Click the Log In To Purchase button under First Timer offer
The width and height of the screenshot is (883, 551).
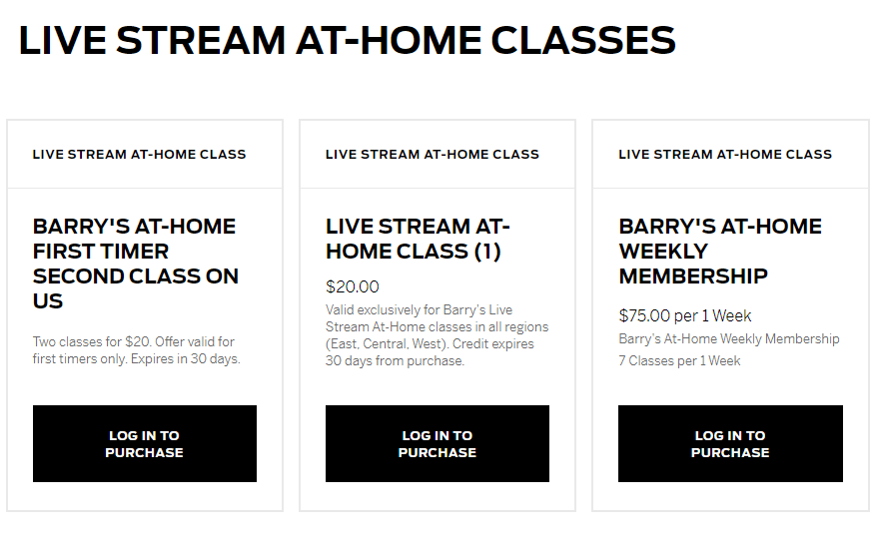tap(145, 443)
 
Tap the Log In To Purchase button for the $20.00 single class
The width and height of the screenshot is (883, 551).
tap(438, 443)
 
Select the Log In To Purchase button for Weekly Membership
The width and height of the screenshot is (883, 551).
tap(730, 443)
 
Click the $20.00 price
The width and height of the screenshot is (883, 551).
tap(353, 286)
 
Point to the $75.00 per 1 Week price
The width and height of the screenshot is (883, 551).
tap(685, 315)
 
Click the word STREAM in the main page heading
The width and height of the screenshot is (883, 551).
tap(201, 41)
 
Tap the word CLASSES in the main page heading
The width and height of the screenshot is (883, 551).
tap(583, 41)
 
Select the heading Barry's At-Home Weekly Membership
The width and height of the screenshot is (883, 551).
tap(720, 251)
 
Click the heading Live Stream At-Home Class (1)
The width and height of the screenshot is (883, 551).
tap(418, 239)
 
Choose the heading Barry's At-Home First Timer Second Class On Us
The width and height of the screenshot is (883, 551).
tap(136, 264)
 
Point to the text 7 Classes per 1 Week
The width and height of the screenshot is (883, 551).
tap(679, 360)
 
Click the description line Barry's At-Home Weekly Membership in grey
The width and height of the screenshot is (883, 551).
tap(729, 338)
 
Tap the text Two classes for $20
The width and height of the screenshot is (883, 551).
tap(92, 341)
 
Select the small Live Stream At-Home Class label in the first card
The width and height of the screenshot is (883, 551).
tap(139, 154)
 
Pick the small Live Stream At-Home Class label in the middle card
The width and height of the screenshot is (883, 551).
tap(433, 154)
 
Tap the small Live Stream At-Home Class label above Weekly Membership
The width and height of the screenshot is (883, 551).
tap(725, 154)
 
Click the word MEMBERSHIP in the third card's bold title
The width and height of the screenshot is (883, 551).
tap(693, 276)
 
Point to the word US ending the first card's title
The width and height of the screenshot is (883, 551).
tap(48, 301)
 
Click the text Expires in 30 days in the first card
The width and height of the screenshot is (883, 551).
tap(185, 358)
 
